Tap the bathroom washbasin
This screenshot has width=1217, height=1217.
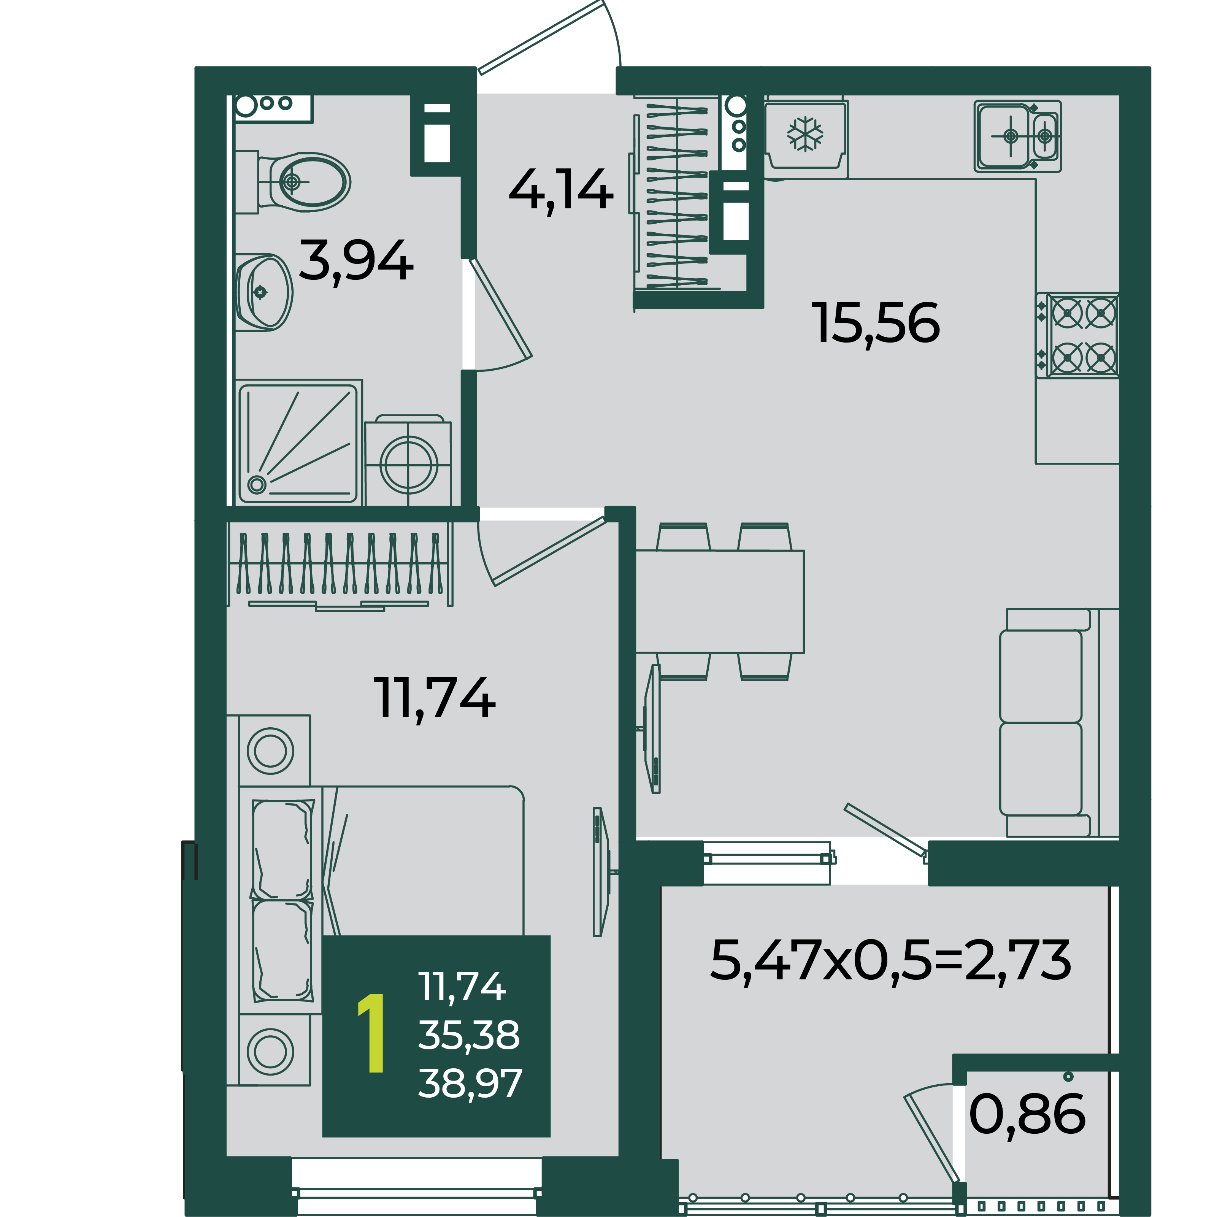[263, 292]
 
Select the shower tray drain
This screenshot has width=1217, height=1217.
[256, 484]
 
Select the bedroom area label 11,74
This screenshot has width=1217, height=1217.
[434, 698]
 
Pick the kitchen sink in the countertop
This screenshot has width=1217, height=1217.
[1018, 136]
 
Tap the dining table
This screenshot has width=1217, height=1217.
[719, 601]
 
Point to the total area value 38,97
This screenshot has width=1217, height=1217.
[470, 1084]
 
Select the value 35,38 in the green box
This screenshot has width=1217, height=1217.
[469, 1035]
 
